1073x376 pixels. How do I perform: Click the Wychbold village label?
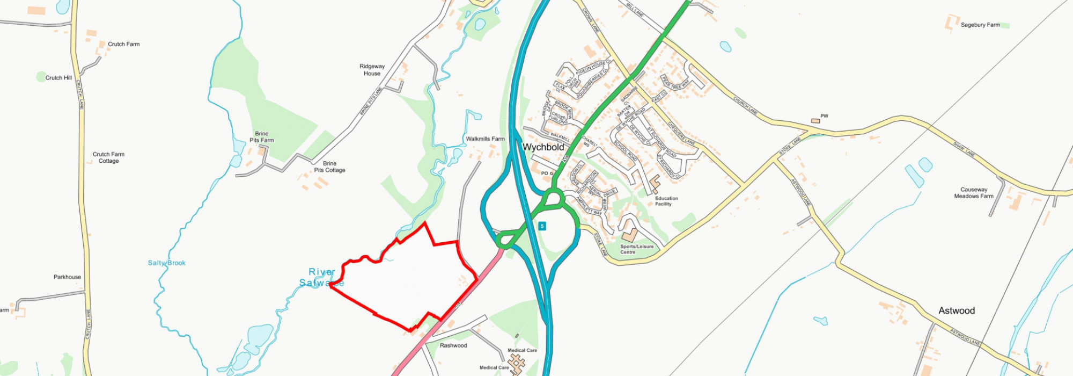543,147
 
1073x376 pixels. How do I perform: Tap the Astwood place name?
956,310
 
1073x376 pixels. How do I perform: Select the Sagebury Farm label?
980,25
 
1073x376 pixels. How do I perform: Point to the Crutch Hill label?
58,78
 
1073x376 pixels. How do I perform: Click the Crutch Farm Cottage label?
108,157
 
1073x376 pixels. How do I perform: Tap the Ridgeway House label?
372,70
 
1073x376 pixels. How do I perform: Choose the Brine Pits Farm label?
262,137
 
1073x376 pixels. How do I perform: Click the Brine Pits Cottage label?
329,167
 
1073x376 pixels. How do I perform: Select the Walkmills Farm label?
485,139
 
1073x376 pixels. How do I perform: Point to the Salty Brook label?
167,263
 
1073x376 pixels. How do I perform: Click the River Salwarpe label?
322,277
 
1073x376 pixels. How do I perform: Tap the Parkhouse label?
67,277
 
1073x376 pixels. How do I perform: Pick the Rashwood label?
453,345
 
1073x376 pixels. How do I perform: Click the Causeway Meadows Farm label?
974,193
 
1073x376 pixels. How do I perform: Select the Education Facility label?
666,201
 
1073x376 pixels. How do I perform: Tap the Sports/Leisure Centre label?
637,249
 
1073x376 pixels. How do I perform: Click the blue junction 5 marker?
542,226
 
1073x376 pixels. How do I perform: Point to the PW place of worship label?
824,116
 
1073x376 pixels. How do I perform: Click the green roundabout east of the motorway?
553,199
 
